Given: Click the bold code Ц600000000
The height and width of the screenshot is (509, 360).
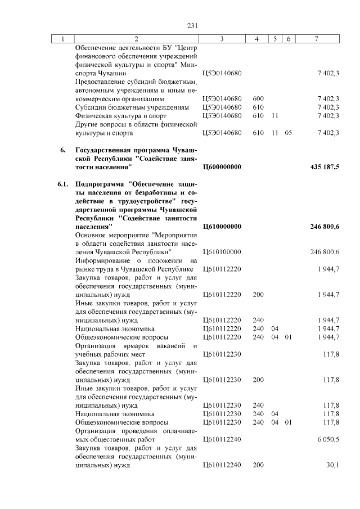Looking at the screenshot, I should point(222,167).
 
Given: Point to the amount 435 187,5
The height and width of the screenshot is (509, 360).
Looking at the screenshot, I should point(325,167).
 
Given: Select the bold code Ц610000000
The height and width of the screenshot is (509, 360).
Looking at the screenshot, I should point(222,226).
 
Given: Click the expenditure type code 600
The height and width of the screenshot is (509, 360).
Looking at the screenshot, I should point(258,98).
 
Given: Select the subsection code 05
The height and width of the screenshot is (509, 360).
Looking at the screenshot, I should point(288,133).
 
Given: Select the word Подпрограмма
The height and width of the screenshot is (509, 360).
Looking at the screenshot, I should point(100,183).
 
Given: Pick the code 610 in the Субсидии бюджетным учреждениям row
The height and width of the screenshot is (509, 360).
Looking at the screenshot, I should point(258,107).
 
